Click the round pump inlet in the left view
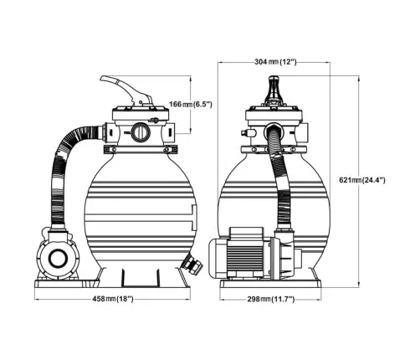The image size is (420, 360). [59, 255]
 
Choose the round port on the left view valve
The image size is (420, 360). [138, 131]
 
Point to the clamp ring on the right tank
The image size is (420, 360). [272, 151]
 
